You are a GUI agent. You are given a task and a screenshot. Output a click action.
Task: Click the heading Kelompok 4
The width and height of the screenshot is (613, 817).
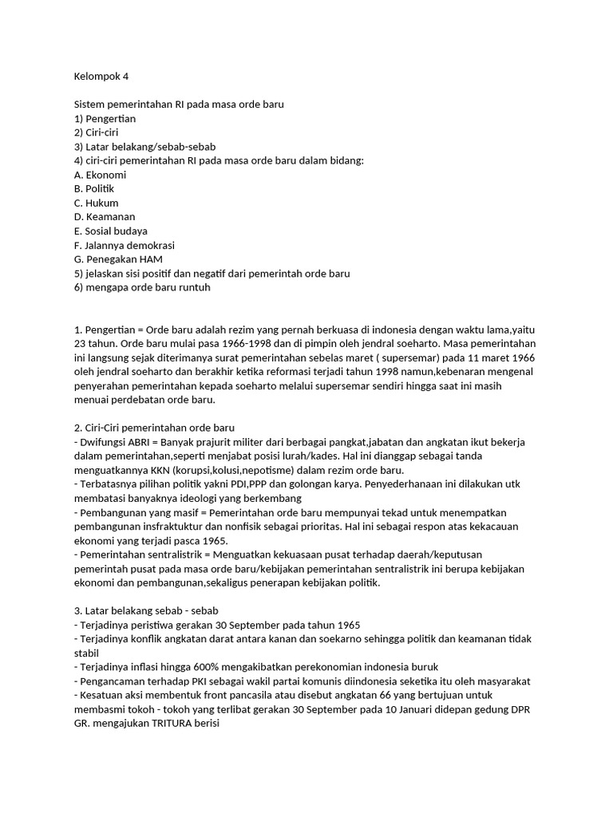(x=101, y=77)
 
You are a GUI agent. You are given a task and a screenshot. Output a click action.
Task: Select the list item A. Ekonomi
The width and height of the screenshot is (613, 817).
(x=100, y=175)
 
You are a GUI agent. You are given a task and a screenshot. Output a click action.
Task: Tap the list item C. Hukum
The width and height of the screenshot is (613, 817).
(x=96, y=203)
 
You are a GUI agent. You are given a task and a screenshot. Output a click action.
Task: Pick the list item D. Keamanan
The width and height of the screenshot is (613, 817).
(x=105, y=217)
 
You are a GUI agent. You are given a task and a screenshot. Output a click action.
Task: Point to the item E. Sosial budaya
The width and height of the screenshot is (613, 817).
(x=110, y=231)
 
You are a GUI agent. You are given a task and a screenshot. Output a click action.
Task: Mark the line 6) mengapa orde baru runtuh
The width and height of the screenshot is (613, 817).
(x=142, y=287)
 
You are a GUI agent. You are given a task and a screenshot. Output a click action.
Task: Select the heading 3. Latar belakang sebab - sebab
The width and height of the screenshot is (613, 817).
(x=140, y=610)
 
